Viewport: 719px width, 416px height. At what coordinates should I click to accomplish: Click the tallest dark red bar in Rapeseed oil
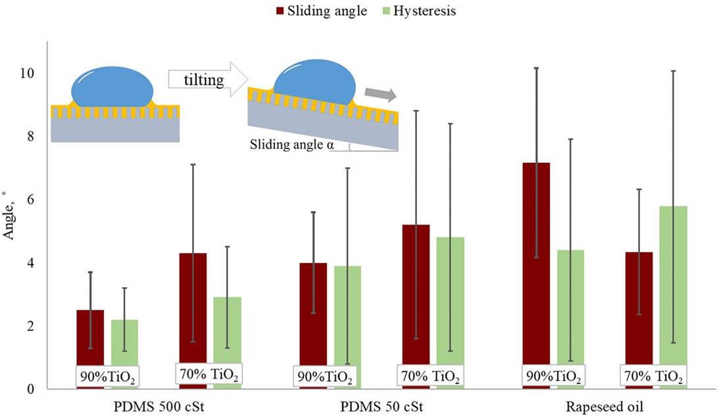point(536,263)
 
